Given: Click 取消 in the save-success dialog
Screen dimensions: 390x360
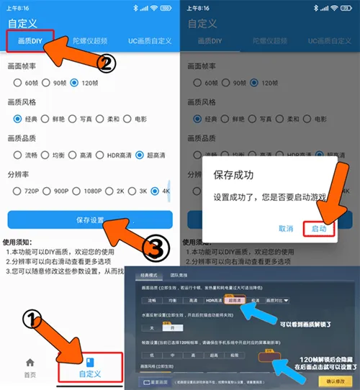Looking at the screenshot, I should [x=285, y=228].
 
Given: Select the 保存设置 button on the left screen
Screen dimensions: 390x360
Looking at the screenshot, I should [x=90, y=219].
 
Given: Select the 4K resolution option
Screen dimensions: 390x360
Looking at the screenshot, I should [x=163, y=191].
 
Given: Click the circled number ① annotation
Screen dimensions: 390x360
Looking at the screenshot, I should [x=30, y=319].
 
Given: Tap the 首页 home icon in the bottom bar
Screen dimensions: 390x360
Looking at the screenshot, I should [x=30, y=367].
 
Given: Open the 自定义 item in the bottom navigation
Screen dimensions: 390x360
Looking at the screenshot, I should [x=89, y=367].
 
